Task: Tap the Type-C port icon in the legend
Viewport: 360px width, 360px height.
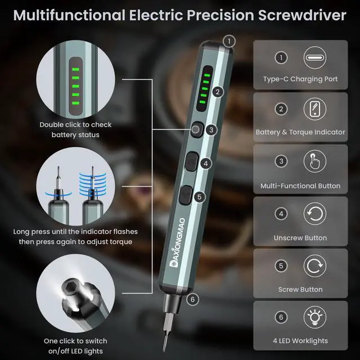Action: click(x=314, y=57)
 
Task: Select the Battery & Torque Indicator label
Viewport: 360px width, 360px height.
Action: click(x=300, y=132)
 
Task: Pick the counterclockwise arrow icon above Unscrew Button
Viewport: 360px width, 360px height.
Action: click(x=314, y=214)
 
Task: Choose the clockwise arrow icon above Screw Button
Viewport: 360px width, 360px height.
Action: click(x=314, y=265)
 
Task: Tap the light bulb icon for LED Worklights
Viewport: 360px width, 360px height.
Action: click(x=314, y=317)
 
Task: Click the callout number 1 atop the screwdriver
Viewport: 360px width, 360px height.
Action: click(x=228, y=40)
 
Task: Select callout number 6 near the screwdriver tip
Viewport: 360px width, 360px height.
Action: click(x=192, y=299)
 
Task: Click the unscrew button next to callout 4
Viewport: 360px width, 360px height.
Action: click(x=191, y=162)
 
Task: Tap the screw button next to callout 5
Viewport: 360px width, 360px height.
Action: click(x=186, y=196)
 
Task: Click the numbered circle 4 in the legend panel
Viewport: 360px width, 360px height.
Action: click(x=281, y=214)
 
